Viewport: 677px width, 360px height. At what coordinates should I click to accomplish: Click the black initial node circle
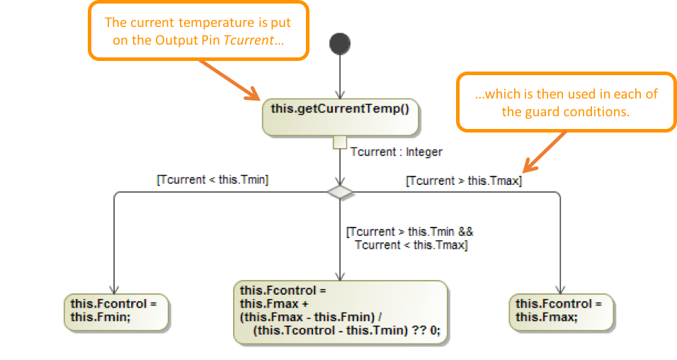click(x=340, y=44)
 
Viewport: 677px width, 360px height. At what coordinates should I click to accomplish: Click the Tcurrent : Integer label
click(x=396, y=152)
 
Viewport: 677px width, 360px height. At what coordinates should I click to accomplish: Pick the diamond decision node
click(x=341, y=192)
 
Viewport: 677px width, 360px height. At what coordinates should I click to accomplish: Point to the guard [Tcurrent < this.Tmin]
click(x=212, y=180)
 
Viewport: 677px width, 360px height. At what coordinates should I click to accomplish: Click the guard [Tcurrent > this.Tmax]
click(x=463, y=181)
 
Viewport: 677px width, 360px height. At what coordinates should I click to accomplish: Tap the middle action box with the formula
click(x=341, y=311)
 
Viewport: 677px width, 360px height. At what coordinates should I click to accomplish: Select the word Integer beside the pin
click(x=424, y=152)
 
